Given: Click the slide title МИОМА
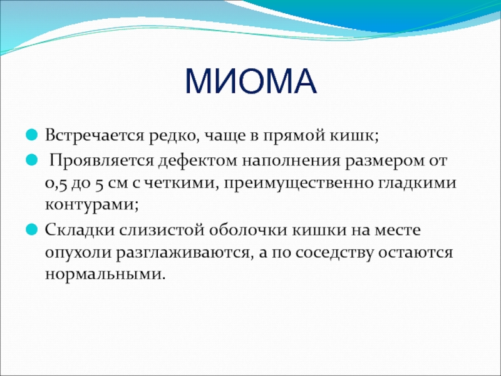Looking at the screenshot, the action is (x=251, y=81).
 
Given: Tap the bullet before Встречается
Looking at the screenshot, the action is (x=32, y=135).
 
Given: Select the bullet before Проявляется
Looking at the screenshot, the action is (x=32, y=159).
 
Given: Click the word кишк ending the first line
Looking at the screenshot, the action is (x=351, y=135).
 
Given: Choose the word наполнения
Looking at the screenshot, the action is (x=291, y=161).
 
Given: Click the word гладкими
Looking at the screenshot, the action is (x=417, y=183).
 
